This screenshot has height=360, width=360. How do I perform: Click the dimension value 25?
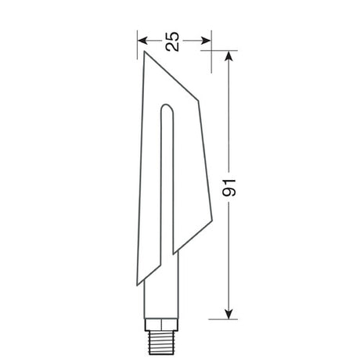pos(173,41)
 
